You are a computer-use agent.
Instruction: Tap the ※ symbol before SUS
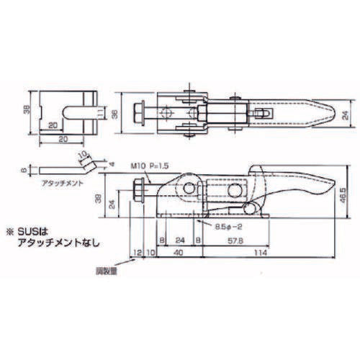pos(11,232)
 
